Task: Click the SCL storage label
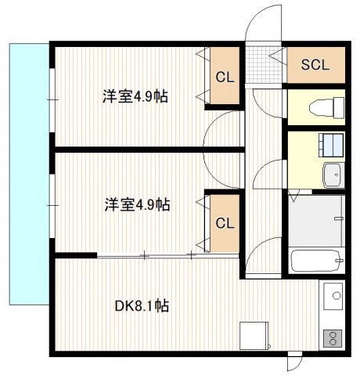(316, 64)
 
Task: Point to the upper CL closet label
(225, 77)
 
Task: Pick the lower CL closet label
(225, 223)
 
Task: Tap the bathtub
(315, 260)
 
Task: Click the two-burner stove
(331, 339)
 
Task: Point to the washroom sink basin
(333, 174)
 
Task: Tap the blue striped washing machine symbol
(330, 145)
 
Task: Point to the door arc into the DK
(265, 252)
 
